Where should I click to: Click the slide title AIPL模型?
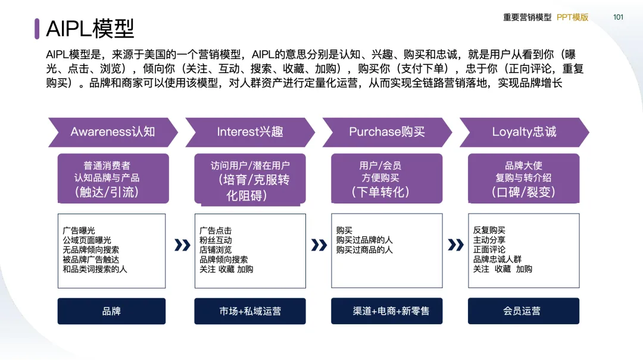click(x=90, y=28)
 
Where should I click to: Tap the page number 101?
click(x=618, y=17)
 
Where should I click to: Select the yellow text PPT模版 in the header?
click(x=573, y=17)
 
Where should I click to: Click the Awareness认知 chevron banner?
click(x=112, y=132)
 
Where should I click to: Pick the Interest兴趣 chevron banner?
click(x=249, y=132)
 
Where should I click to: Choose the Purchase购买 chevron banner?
click(x=386, y=132)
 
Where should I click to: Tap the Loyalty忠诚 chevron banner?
click(x=524, y=132)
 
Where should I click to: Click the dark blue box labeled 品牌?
click(x=111, y=311)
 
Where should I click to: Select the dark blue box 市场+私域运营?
click(x=250, y=311)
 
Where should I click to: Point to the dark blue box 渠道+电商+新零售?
click(x=387, y=311)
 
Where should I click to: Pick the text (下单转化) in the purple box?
click(x=380, y=192)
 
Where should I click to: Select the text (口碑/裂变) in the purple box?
click(x=523, y=192)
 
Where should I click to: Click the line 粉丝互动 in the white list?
click(x=216, y=240)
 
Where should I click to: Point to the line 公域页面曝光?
click(x=87, y=240)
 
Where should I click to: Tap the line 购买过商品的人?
click(x=364, y=250)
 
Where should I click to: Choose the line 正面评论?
click(x=489, y=250)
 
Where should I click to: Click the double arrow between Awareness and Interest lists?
click(x=182, y=245)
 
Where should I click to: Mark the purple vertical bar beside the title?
click(x=37, y=28)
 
